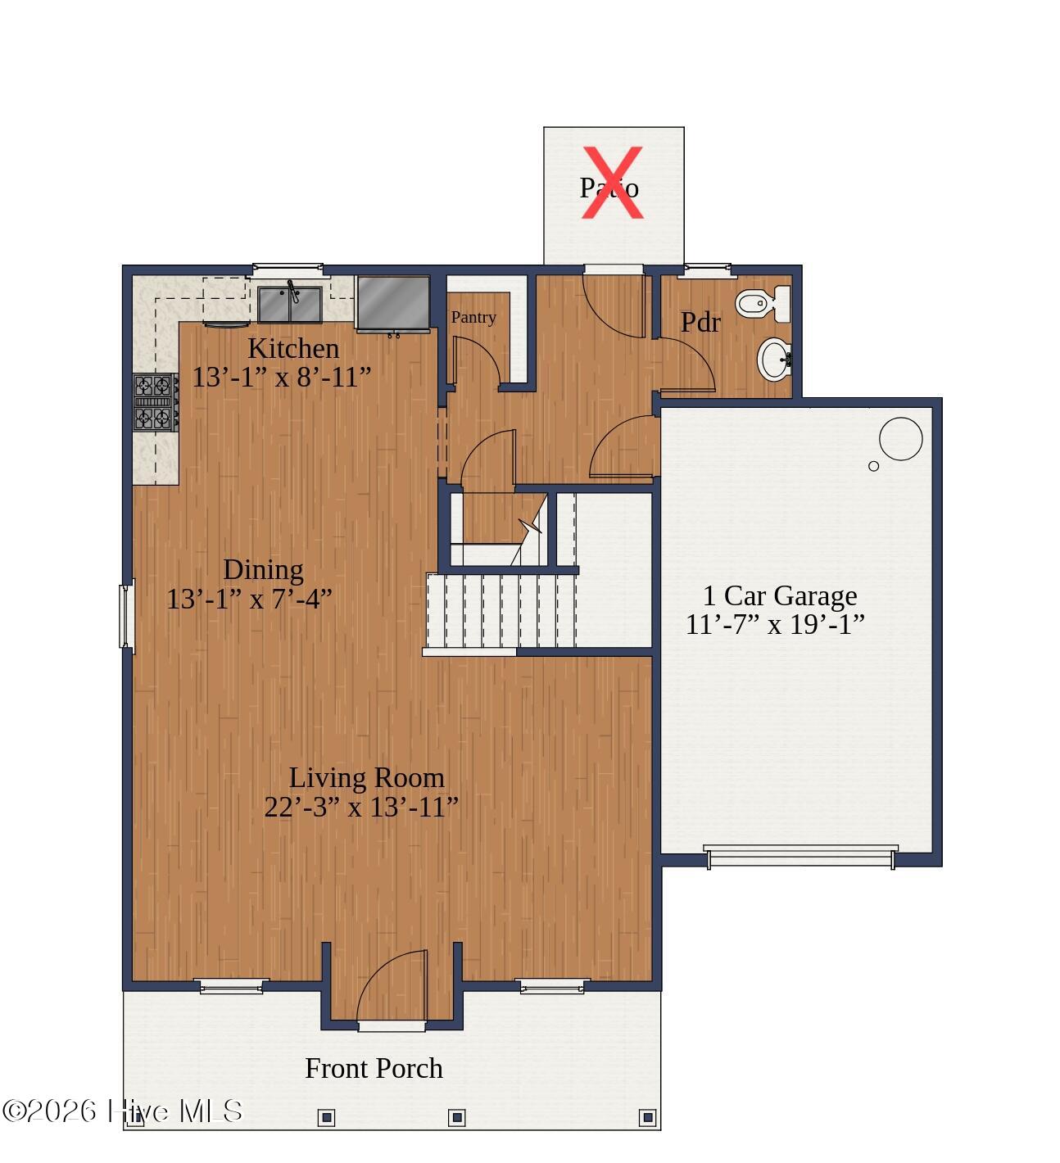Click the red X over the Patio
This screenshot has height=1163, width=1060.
[x=612, y=183]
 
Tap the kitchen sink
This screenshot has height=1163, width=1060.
[x=290, y=304]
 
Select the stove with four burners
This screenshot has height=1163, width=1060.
[x=156, y=402]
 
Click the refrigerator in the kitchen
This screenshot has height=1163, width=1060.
[x=393, y=302]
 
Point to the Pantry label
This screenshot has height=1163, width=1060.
[x=473, y=317]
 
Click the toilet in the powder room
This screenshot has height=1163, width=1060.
[x=763, y=305]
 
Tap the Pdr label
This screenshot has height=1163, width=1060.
[x=700, y=323]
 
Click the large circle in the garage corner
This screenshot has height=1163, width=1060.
[x=900, y=439]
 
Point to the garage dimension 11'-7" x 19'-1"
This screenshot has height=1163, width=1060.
[x=775, y=625]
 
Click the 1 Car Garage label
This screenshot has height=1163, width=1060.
[x=780, y=595]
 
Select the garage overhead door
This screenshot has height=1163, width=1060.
[x=800, y=855]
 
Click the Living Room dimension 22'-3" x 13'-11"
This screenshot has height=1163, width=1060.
[x=361, y=807]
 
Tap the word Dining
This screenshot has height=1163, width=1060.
[x=263, y=569]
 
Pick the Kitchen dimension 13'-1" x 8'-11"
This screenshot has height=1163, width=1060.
[x=282, y=377]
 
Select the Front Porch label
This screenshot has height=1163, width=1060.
[x=374, y=1068]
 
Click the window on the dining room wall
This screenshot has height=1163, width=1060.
[x=126, y=615]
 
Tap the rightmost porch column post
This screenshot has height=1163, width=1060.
[x=648, y=1116]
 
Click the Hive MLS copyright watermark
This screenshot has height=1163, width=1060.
[x=123, y=1111]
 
